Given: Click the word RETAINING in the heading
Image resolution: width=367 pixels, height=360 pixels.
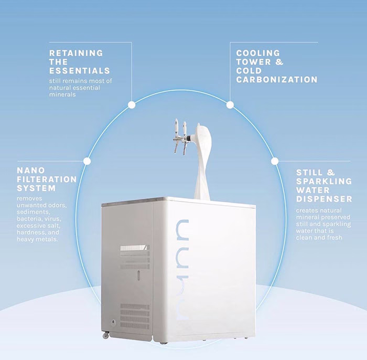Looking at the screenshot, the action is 76,53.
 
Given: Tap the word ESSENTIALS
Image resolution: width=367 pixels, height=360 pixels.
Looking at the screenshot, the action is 80,71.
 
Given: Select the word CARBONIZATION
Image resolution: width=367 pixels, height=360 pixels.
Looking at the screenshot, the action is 277,80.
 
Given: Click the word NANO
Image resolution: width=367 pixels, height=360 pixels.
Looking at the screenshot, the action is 31,170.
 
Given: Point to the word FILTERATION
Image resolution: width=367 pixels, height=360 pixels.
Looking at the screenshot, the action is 47,179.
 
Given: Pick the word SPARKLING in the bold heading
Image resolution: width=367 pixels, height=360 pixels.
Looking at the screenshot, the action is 324,181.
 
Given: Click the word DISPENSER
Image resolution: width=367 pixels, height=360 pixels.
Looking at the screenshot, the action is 324,199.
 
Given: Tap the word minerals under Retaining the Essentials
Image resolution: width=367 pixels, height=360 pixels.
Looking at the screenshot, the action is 62,94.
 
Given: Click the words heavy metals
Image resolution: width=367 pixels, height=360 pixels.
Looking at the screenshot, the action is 37,239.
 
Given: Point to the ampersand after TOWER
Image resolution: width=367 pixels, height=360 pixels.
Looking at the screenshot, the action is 279,62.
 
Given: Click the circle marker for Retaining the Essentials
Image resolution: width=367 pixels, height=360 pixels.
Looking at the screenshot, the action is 132,105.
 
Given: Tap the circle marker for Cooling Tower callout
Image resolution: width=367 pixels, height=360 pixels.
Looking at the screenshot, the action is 230,105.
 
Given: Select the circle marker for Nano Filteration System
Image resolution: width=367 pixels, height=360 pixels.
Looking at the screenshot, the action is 87,161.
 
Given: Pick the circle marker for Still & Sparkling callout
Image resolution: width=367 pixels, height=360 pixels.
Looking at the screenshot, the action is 275,161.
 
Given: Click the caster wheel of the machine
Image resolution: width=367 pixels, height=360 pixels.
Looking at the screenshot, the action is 105,335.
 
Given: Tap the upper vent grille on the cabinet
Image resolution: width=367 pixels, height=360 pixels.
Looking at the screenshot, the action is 135,257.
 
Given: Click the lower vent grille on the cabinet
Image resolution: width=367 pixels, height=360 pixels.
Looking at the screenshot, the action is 135,315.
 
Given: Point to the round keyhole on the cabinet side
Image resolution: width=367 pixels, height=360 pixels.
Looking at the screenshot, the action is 114,322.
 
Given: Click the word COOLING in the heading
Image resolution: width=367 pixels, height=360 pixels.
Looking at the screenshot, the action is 258,53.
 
